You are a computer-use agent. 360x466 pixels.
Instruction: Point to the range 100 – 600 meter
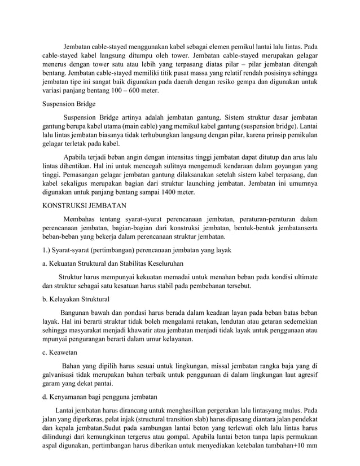coord(133,91)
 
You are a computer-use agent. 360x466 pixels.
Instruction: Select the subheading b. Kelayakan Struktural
coord(76,298)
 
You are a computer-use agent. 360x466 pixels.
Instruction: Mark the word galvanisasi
coord(63,375)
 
